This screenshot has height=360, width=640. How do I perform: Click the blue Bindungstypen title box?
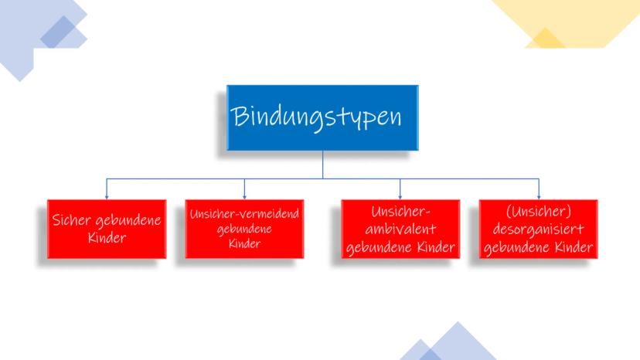[322, 117]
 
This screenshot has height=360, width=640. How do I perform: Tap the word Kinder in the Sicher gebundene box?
[107, 237]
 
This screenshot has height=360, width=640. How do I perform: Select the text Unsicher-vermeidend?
[244, 213]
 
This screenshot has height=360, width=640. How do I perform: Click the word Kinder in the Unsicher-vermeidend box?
[244, 243]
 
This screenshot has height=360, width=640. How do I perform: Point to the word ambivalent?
[400, 229]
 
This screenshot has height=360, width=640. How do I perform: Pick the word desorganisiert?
[539, 229]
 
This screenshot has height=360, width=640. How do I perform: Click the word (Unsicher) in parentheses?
[539, 212]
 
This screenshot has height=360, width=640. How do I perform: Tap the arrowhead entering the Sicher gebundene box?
[107, 197]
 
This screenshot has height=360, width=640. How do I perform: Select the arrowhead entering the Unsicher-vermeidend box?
[244, 197]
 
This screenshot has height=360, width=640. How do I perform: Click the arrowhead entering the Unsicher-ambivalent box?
[400, 197]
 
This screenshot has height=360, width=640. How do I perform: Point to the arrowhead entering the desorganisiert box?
[539, 197]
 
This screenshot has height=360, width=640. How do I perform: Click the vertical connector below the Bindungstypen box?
[323, 165]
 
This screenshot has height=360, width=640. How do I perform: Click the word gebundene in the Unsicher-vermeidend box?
[244, 229]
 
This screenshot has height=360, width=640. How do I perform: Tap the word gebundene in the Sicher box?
[128, 221]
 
